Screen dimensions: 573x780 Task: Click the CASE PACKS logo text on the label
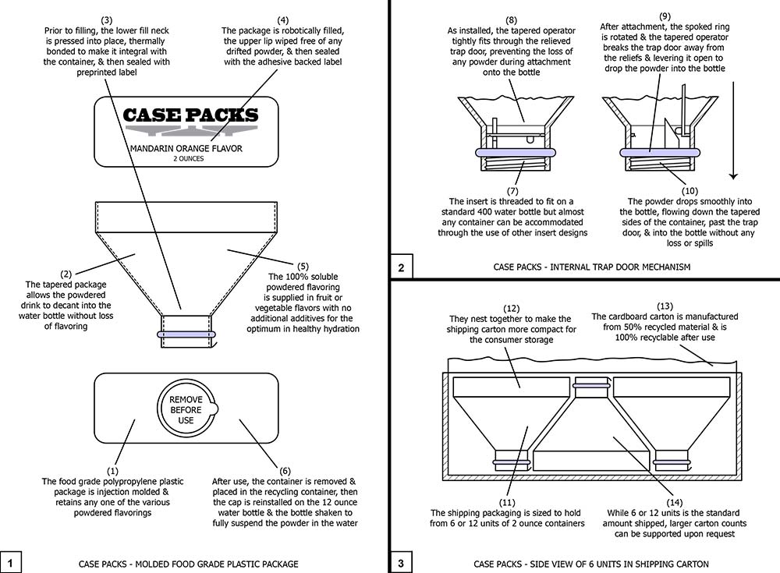tap(190, 116)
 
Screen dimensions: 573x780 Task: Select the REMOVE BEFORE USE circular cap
tap(186, 410)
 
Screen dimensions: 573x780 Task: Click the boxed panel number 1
tap(11, 562)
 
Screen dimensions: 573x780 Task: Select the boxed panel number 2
tap(401, 267)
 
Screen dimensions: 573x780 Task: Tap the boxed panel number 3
tap(401, 562)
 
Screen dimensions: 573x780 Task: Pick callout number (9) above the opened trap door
tap(665, 16)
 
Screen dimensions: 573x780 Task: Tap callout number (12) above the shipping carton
tap(510, 309)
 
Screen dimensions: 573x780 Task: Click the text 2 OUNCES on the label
tap(186, 158)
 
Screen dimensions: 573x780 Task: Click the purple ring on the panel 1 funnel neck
tap(186, 334)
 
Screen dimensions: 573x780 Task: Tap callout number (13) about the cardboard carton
tap(666, 306)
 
